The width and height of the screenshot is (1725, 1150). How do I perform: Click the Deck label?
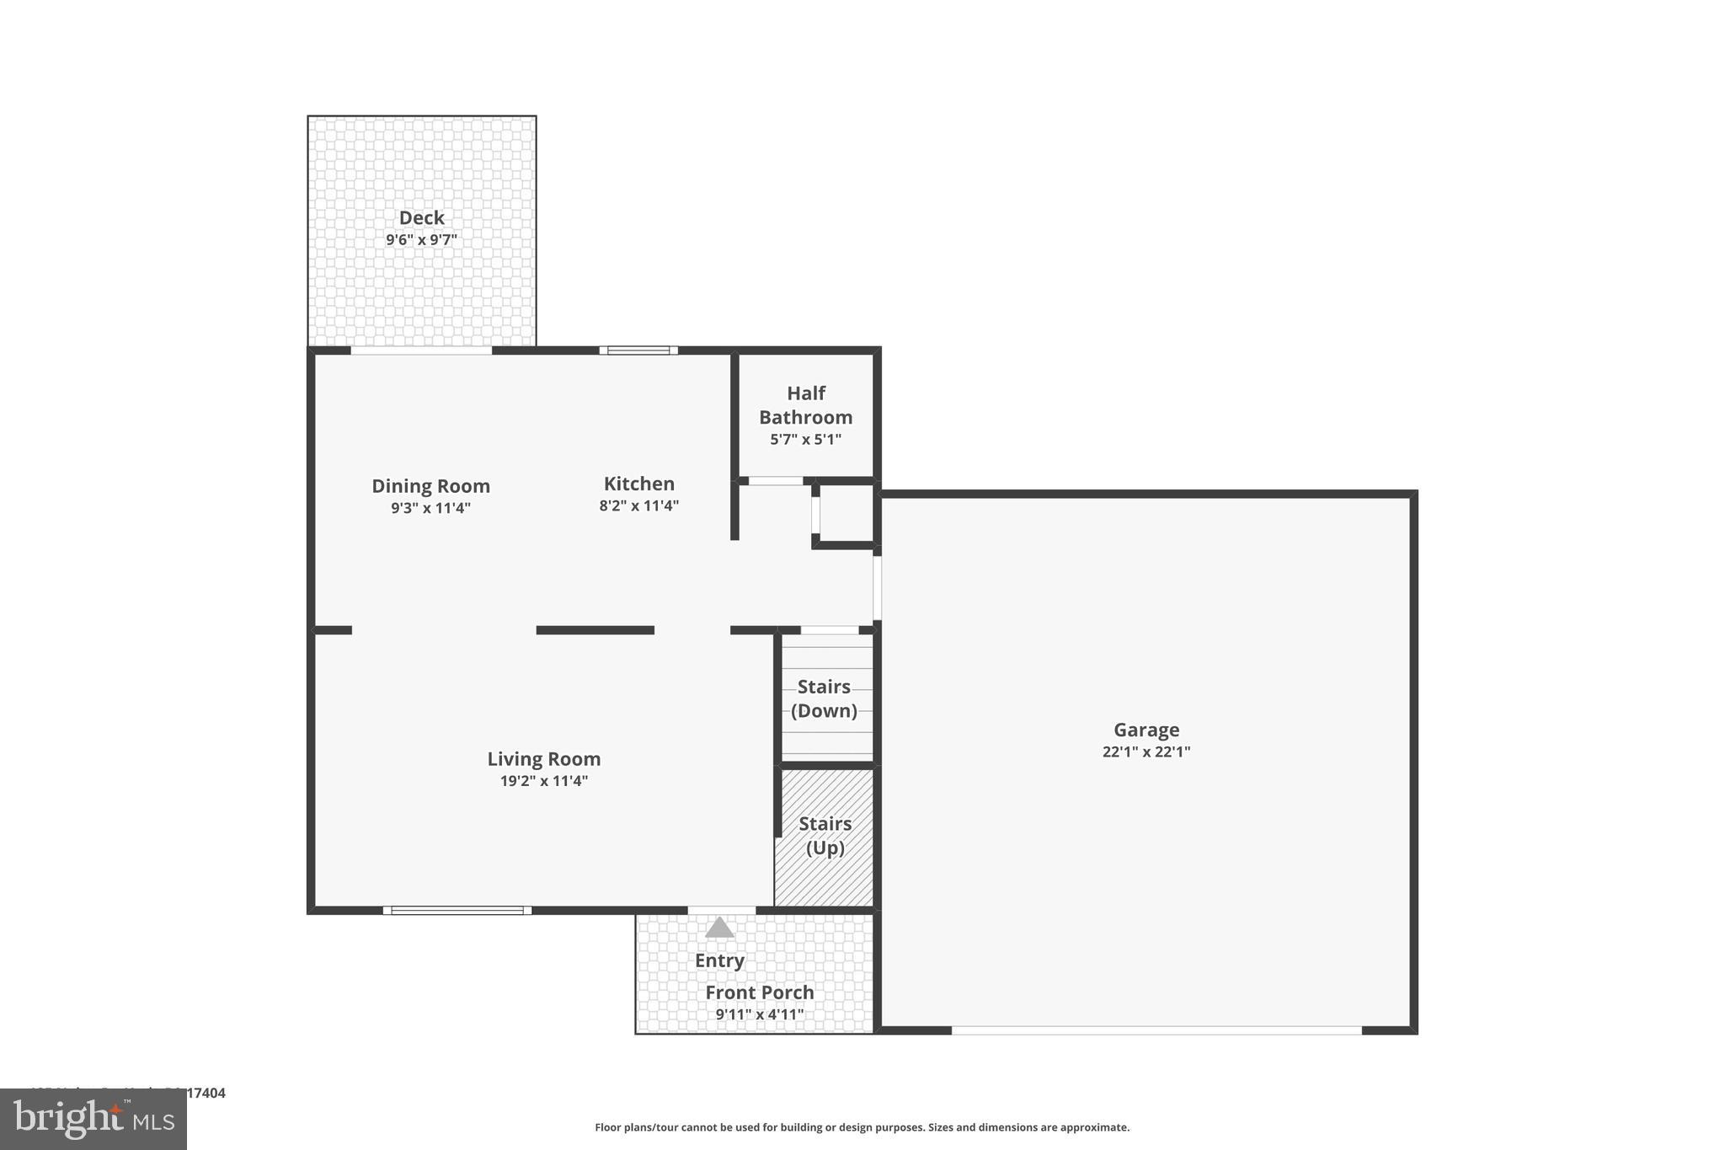click(421, 218)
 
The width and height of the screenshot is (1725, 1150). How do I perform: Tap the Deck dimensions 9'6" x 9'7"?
click(421, 240)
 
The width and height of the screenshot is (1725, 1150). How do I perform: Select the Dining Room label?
click(430, 486)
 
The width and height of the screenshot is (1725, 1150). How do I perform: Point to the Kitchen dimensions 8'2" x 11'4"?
click(638, 506)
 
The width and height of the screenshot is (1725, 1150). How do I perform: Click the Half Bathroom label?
click(805, 405)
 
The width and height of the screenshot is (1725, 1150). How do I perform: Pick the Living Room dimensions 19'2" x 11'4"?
click(543, 781)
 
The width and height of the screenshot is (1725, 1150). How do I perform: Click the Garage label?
click(1146, 730)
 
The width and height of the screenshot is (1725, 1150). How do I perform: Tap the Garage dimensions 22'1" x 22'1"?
click(1146, 752)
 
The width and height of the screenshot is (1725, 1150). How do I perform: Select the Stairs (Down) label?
click(824, 698)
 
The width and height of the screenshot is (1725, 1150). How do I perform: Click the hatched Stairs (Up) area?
click(824, 876)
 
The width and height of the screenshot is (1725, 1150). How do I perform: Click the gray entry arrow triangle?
click(719, 928)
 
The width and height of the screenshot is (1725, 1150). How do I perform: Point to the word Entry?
click(719, 960)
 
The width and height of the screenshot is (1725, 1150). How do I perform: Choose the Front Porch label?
click(759, 992)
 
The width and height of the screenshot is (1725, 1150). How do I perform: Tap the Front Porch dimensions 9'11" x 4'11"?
click(759, 1014)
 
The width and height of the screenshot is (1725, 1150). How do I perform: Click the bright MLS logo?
click(93, 1120)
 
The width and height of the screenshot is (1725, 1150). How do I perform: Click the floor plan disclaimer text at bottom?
click(862, 1127)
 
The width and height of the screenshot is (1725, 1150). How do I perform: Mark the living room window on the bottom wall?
click(457, 910)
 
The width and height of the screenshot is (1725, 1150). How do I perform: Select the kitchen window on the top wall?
click(638, 350)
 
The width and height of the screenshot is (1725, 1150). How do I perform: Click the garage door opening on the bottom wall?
click(1156, 1030)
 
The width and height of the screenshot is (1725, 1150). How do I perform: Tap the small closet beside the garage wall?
click(846, 514)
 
